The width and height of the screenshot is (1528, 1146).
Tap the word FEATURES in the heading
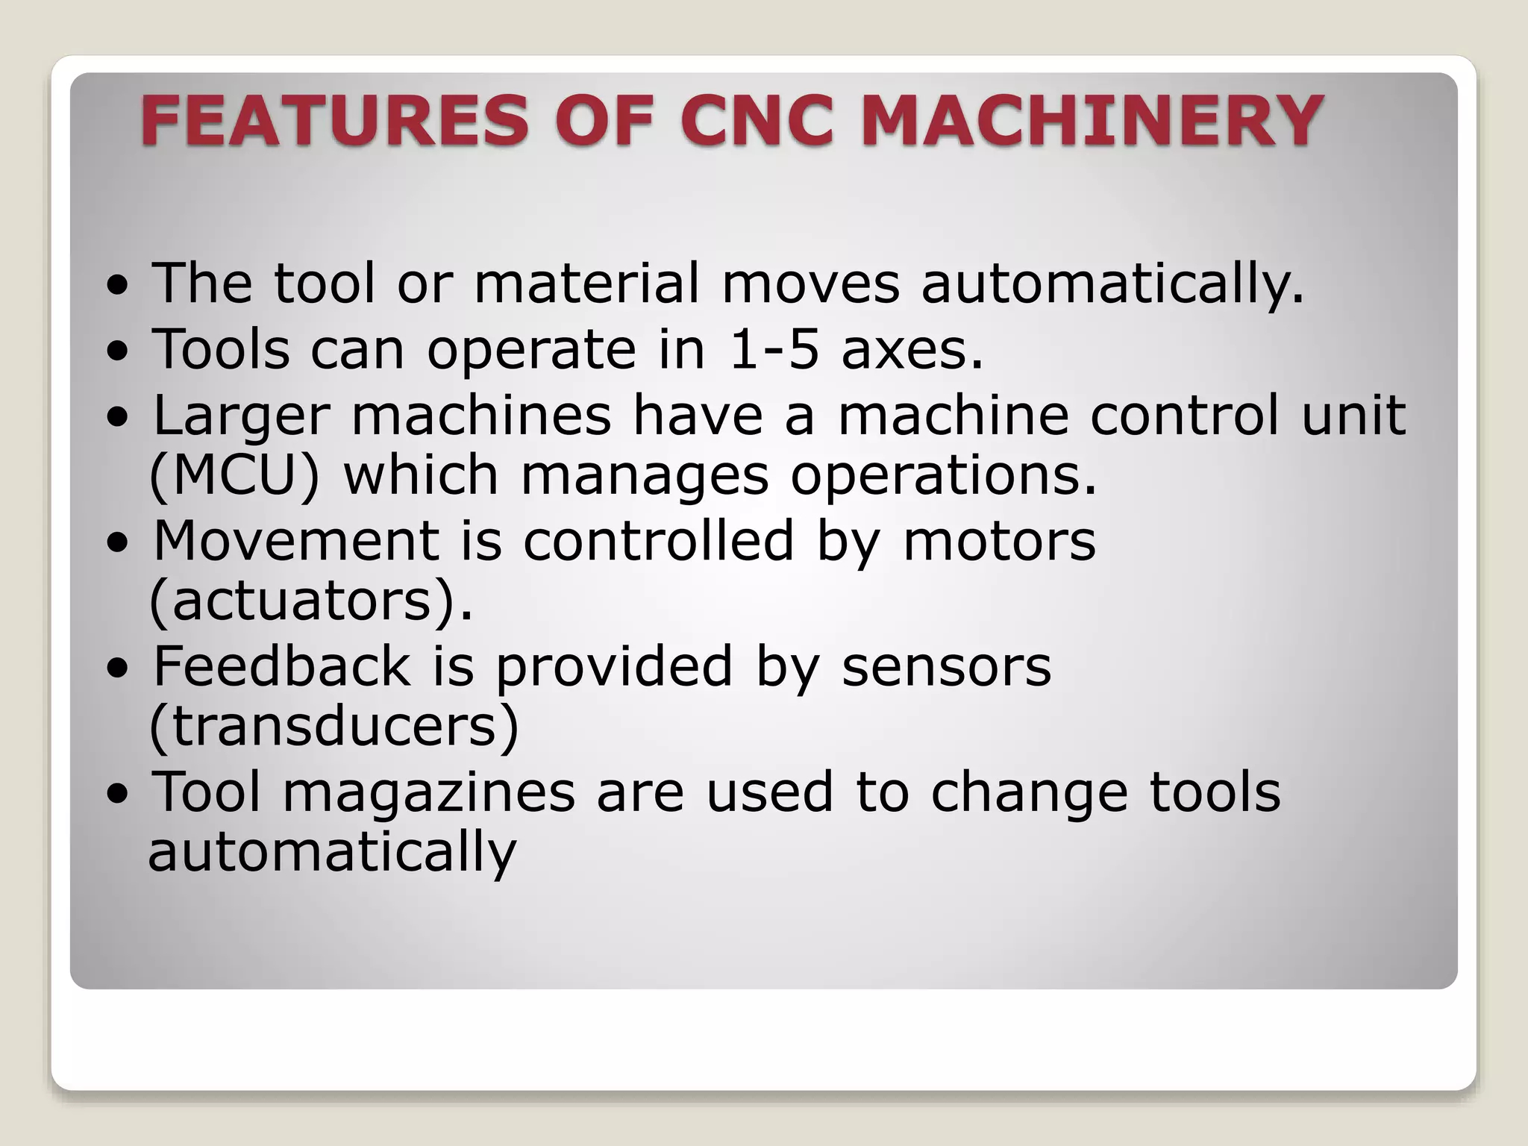tap(334, 120)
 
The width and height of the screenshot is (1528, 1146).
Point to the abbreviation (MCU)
tap(234, 476)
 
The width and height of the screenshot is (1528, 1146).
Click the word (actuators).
tap(311, 601)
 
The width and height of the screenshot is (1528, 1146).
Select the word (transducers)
tap(334, 727)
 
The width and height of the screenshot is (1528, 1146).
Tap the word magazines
tap(428, 792)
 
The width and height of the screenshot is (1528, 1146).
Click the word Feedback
tap(281, 666)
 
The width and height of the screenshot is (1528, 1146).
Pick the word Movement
tap(296, 540)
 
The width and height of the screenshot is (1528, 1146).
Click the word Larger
tap(241, 415)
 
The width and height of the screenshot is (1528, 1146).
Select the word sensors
tap(946, 666)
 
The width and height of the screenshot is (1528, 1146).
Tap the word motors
tap(999, 540)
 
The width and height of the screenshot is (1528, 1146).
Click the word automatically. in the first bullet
tap(1112, 284)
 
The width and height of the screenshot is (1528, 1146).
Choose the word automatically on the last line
tap(332, 852)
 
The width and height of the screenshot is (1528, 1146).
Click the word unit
tap(1354, 415)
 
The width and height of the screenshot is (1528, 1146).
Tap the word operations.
tap(944, 476)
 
